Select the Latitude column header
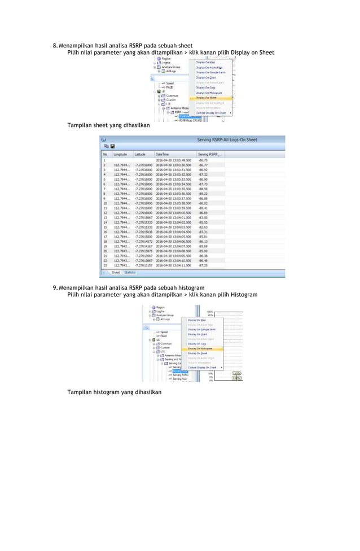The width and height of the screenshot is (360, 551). pos(142,154)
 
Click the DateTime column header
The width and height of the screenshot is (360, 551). pos(163,154)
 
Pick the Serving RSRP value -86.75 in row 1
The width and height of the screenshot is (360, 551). pos(203,160)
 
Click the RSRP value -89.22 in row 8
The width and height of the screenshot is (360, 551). pos(203,193)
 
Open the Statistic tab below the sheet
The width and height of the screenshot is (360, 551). pos(130,272)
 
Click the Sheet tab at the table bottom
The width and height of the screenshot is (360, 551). pos(116,272)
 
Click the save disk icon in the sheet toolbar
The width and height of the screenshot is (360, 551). pos(112,146)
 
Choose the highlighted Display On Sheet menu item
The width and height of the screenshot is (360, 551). pos(207,97)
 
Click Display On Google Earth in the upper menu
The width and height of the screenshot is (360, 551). pos(212,72)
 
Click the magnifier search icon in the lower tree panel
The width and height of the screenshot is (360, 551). pos(146,327)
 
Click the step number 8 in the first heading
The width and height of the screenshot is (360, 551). pos(54,45)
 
